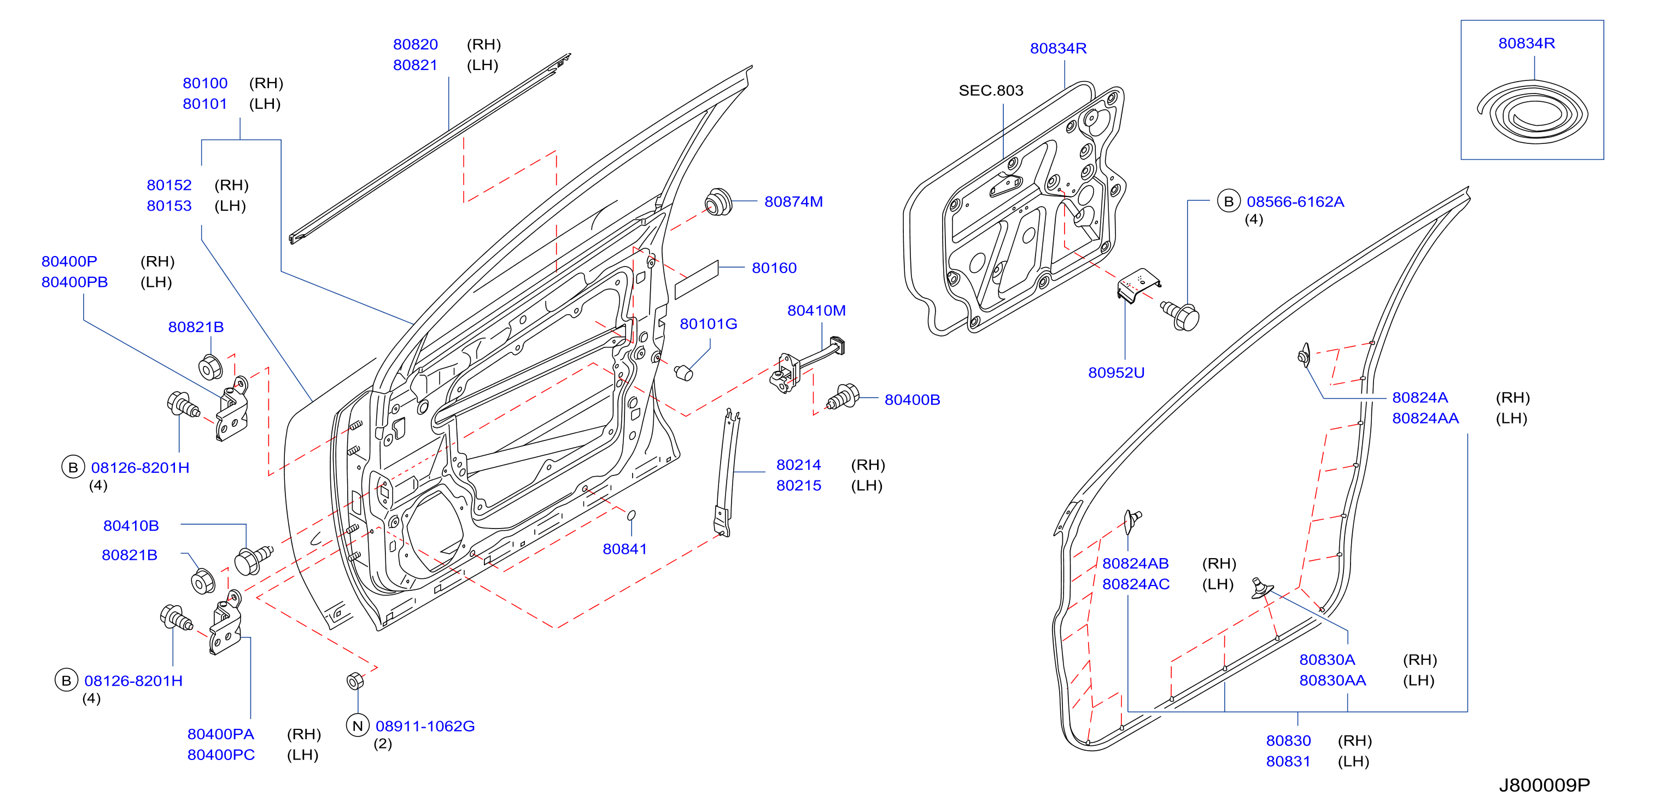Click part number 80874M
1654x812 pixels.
pos(793,202)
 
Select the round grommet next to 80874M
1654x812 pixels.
pos(718,202)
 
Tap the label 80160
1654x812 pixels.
pos(774,268)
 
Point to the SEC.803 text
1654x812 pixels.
pos(991,91)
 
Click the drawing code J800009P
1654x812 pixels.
pos(1544,785)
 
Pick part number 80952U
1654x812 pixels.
pos(1116,373)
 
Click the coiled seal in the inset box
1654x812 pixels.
pos(1532,115)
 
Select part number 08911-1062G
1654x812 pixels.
pos(425,726)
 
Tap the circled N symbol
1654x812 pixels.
pos(358,726)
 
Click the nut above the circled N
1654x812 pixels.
pos(355,681)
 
